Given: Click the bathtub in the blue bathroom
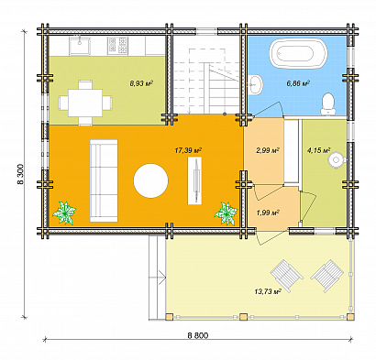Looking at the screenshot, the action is [298, 54].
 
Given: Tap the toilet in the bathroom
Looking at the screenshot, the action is [328, 104].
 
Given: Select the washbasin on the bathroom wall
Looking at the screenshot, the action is [255, 84].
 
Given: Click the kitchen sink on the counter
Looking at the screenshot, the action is [80, 46].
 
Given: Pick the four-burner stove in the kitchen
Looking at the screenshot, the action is [117, 46].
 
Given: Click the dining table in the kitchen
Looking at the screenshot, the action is [85, 103].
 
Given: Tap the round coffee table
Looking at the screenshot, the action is [150, 180].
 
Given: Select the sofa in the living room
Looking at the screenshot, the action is [104, 180].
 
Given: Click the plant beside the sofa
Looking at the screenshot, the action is [64, 213].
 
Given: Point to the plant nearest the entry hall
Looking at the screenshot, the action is [227, 213].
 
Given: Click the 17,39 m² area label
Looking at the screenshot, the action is [188, 150].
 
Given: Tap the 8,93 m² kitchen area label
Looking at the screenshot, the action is [141, 83].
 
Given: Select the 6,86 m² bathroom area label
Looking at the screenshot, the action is [298, 83].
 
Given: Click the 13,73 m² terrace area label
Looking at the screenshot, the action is [268, 291].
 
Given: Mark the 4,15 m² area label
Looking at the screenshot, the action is [318, 150].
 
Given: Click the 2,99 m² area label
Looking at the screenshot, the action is [268, 150].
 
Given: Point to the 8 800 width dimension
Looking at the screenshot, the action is [198, 335].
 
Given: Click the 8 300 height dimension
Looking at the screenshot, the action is [20, 175].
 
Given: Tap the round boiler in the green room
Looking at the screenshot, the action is [336, 160].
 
